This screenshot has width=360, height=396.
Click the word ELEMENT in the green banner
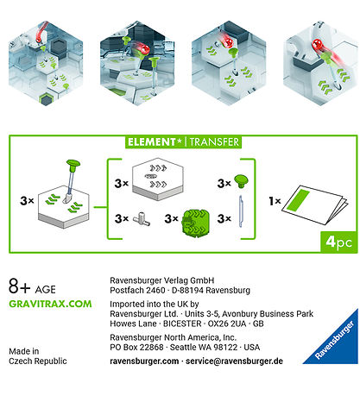coord(152,141)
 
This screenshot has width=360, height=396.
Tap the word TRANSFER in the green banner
coord(214,141)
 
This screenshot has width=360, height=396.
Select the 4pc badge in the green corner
coord(339,242)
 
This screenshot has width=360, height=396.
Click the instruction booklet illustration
coord(315,204)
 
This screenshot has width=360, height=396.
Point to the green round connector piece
coord(195,221)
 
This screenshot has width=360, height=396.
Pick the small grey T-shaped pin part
coord(142,219)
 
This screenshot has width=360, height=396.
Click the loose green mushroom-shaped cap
coord(241,181)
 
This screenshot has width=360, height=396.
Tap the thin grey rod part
coord(242,211)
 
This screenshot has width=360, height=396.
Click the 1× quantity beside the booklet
coord(275,201)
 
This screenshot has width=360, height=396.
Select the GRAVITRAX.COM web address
coord(50,304)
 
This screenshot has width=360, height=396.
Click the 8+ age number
coord(20,286)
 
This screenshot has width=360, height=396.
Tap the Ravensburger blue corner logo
coord(333,339)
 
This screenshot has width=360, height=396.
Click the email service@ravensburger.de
coord(234,361)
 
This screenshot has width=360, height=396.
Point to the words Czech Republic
coord(38,361)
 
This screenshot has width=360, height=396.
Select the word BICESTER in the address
coord(182,324)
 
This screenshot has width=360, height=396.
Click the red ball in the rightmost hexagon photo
coord(318,45)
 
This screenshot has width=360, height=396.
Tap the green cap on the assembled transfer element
coord(73,164)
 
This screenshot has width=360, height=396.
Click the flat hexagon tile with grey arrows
coord(158,179)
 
